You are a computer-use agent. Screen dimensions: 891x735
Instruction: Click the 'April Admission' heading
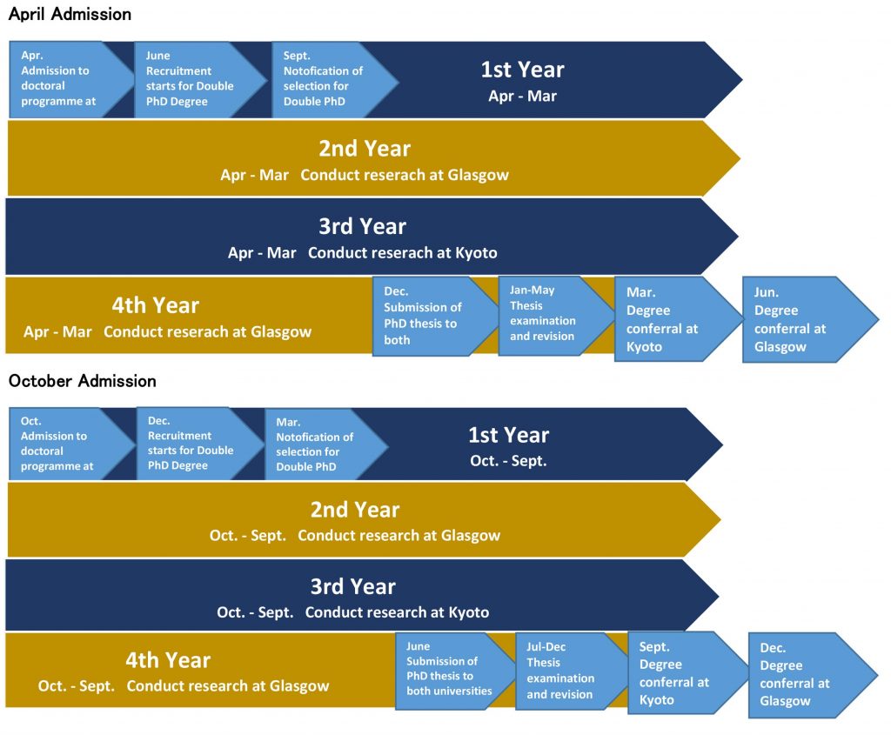point(70,14)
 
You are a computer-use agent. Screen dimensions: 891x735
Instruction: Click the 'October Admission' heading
point(83,381)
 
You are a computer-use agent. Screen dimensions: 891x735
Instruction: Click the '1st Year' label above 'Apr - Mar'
point(523,70)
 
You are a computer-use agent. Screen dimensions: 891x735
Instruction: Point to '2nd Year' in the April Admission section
point(365,148)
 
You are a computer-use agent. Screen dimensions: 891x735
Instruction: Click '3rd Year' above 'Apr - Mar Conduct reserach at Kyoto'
point(363,226)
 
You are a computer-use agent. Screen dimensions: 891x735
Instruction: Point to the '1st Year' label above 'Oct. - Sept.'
point(508,435)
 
